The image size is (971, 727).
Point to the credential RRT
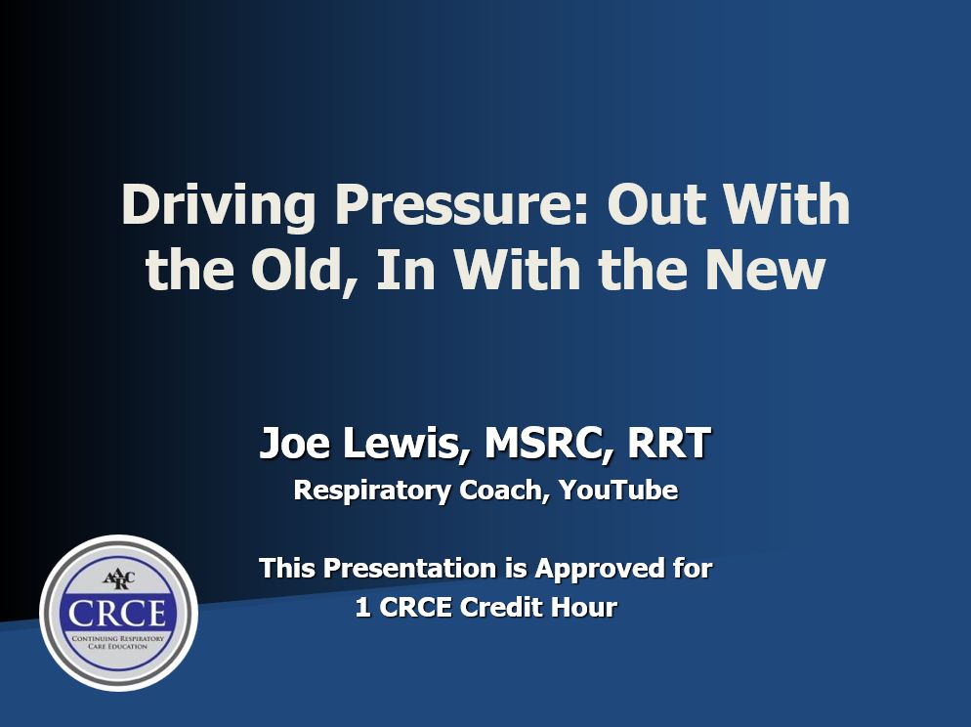669,445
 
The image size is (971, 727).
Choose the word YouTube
618,490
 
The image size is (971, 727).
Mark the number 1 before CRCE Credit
362,608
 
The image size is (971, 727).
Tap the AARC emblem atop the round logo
119,574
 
